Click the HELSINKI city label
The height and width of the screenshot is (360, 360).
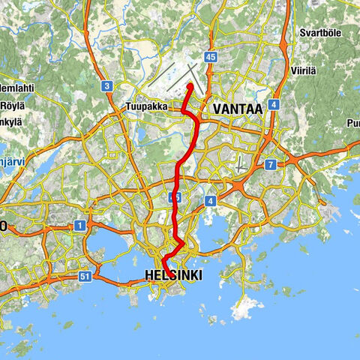[172, 276]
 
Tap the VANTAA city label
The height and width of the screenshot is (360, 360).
[238, 109]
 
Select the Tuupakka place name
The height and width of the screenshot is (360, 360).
[146, 106]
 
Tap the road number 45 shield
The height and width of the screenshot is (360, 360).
[210, 57]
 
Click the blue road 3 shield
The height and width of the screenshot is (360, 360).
[107, 86]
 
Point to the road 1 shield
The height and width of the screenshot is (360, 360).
[79, 225]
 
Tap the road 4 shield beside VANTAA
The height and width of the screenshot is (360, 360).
[275, 105]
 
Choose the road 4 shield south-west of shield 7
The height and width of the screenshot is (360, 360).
[211, 200]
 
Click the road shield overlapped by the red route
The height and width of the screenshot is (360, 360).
[175, 197]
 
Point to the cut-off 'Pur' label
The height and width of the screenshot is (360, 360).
[352, 123]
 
